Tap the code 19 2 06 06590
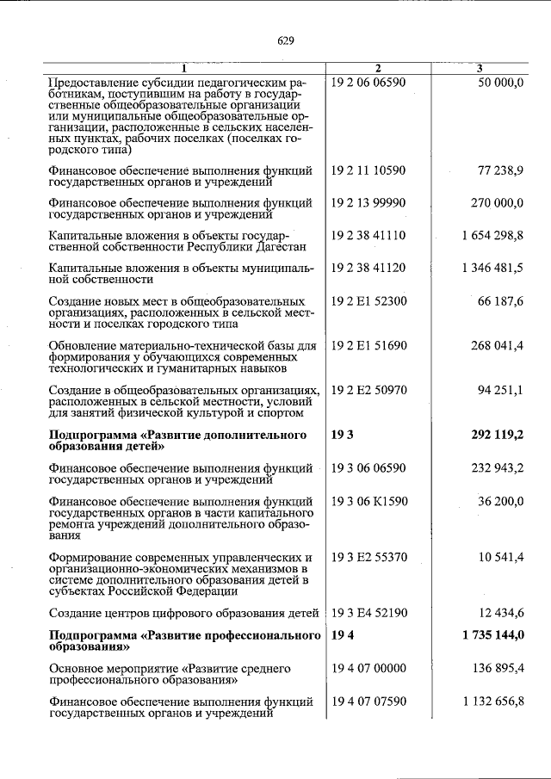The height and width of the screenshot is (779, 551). tap(368, 81)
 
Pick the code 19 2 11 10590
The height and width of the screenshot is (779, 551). tap(368, 170)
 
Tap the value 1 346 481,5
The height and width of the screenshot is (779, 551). tap(492, 269)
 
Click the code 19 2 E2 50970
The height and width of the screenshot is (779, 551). tap(368, 390)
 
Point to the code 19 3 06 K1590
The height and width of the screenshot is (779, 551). tap(368, 500)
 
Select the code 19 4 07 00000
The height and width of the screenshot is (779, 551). tap(368, 668)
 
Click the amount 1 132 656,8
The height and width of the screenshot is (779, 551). tap(492, 701)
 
